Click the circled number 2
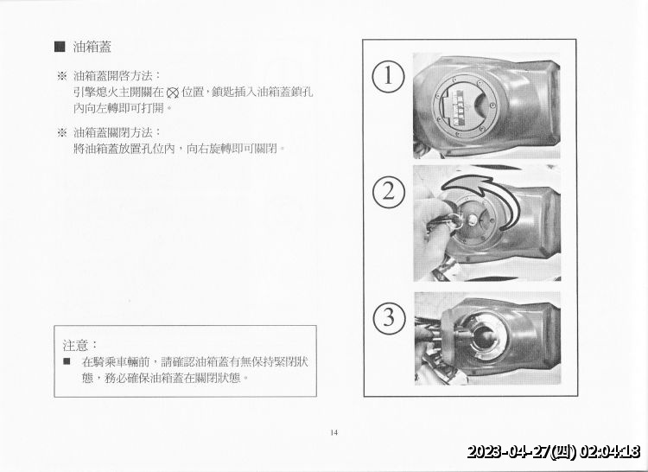(x=389, y=191)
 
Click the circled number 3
(x=389, y=317)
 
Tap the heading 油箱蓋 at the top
(x=92, y=46)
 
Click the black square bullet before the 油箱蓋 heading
(x=60, y=46)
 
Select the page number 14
(x=334, y=433)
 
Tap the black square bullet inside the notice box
(x=67, y=360)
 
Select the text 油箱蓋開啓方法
(x=116, y=75)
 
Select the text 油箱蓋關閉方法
(x=116, y=132)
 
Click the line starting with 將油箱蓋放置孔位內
(x=180, y=149)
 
